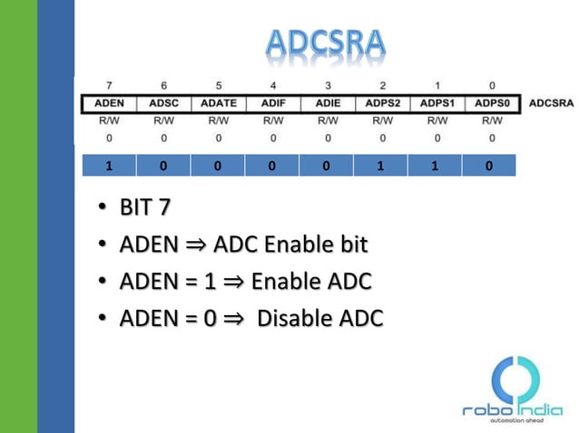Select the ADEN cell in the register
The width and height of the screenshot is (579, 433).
[109, 103]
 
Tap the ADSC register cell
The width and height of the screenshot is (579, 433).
[164, 103]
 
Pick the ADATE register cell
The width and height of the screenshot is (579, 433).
[219, 103]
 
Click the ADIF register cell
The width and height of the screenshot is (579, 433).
[273, 103]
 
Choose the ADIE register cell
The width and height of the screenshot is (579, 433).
[328, 103]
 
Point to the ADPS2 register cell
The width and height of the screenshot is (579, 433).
[383, 103]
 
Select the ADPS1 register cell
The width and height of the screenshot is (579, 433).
[437, 103]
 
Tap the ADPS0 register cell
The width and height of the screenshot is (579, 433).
[492, 103]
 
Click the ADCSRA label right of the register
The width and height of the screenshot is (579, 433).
[550, 103]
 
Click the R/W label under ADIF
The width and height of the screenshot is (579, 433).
[273, 120]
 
